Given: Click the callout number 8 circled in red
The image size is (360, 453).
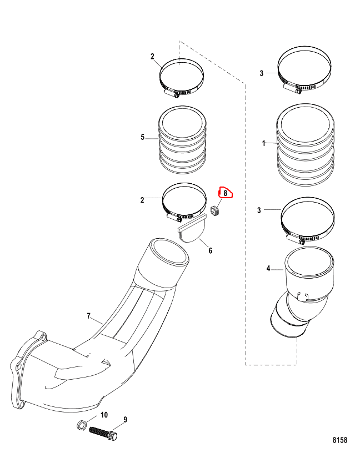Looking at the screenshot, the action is pos(226,193).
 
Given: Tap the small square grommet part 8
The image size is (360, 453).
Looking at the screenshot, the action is pos(215,211).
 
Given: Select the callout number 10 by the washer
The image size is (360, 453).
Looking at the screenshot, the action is pos(104,415).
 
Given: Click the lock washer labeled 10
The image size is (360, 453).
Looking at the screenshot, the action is pos(82,425).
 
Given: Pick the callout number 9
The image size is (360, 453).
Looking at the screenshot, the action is pos(125,420).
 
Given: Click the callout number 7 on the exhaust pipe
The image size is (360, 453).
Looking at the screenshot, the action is pos(89,316).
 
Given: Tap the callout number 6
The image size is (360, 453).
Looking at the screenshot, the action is pos(210,250).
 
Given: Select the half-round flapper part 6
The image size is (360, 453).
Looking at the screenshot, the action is pos(191,228).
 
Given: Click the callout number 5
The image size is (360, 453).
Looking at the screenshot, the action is pos(143,137).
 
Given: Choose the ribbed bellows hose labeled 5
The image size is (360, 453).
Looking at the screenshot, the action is pos(182,140).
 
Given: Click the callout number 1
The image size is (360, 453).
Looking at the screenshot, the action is pos(263,143).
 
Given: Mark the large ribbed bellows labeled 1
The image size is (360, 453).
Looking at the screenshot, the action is pos(306,145).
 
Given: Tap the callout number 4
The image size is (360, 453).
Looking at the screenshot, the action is pos(268,268).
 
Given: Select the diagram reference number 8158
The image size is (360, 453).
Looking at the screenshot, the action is pos(340,440).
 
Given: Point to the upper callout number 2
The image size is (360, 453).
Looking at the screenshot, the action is pos(152,56).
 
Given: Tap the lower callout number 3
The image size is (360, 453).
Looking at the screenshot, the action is pos(259,210).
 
